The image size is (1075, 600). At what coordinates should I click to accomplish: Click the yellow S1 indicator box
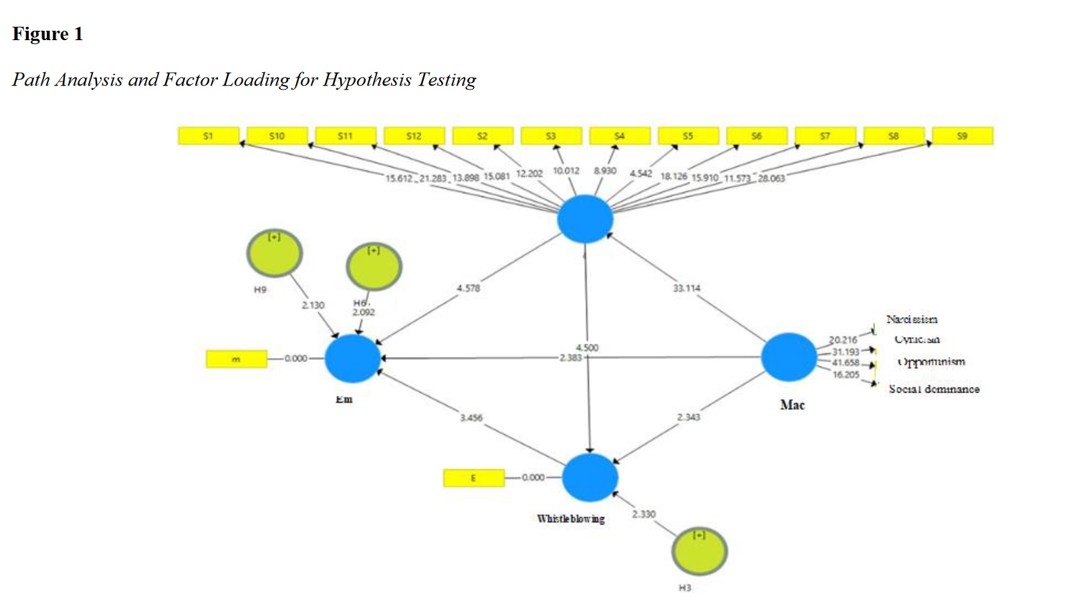coord(208,136)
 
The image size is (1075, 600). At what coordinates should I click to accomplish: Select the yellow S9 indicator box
coord(962,136)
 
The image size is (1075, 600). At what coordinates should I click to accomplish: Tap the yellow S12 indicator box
coord(414,136)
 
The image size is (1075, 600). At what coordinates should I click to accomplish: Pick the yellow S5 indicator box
coord(688,136)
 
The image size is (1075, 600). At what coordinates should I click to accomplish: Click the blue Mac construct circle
coord(789,357)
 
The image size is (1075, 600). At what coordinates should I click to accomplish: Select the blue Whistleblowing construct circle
coord(590,478)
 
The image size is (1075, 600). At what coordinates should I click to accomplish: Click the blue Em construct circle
coord(353,359)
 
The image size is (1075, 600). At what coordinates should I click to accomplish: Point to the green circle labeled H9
coord(274,254)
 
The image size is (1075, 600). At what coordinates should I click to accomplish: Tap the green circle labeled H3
coord(699,551)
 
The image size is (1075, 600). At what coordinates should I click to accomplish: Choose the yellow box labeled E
coord(473,478)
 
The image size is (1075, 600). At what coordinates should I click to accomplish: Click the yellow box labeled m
coord(236,359)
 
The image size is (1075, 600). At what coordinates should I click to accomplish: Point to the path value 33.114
coord(687,288)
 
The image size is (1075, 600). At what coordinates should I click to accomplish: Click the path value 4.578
coord(468,288)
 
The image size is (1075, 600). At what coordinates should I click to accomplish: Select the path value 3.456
coord(471,418)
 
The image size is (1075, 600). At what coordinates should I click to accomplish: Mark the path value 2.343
coord(688,417)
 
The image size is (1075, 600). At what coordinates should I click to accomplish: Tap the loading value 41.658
coord(845,363)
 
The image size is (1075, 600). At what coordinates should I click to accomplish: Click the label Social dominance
coord(933,389)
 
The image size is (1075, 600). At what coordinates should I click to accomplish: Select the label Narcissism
coord(911,320)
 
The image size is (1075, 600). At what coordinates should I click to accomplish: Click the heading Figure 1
coord(47,34)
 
